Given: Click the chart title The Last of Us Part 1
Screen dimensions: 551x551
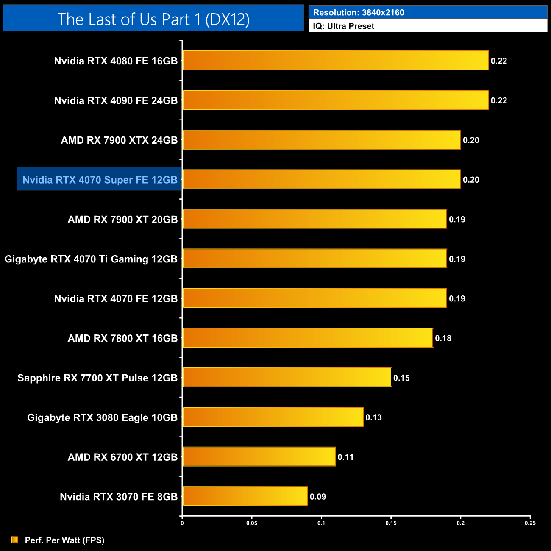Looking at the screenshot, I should point(153,19).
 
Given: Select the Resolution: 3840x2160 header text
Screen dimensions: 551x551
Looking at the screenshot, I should point(359,12).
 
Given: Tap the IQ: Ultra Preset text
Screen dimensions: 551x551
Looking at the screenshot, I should point(344,26).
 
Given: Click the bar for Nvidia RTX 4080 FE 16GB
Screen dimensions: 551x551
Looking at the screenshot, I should point(335,61).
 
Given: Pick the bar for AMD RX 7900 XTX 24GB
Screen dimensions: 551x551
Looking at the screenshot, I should point(322,140).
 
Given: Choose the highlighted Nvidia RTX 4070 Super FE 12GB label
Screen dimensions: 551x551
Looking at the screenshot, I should point(100,180).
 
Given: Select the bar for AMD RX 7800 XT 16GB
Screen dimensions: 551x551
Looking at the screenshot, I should point(308,338).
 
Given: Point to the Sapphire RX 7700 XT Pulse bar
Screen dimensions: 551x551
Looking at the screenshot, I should point(287,378).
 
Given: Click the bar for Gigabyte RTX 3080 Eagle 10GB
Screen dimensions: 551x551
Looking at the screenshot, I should point(273,417).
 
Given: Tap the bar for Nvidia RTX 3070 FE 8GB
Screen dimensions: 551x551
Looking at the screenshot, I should point(245,496).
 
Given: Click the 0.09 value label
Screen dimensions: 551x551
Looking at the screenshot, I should point(318,497).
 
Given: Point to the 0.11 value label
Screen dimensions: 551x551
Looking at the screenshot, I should point(345,457).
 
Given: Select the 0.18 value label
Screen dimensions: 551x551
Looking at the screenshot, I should point(443,338).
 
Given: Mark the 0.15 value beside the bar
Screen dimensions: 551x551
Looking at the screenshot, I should point(401,378).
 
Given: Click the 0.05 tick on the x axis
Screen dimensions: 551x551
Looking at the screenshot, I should point(252,523).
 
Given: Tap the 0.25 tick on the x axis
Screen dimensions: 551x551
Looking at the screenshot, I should point(530,523).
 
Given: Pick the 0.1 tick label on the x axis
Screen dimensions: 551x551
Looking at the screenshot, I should point(321,523).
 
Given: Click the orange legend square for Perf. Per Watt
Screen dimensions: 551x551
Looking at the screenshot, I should point(15,540).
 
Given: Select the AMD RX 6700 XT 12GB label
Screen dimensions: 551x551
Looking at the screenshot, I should point(122,457).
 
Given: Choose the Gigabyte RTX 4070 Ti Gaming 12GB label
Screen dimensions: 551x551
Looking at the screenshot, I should point(91,259).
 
